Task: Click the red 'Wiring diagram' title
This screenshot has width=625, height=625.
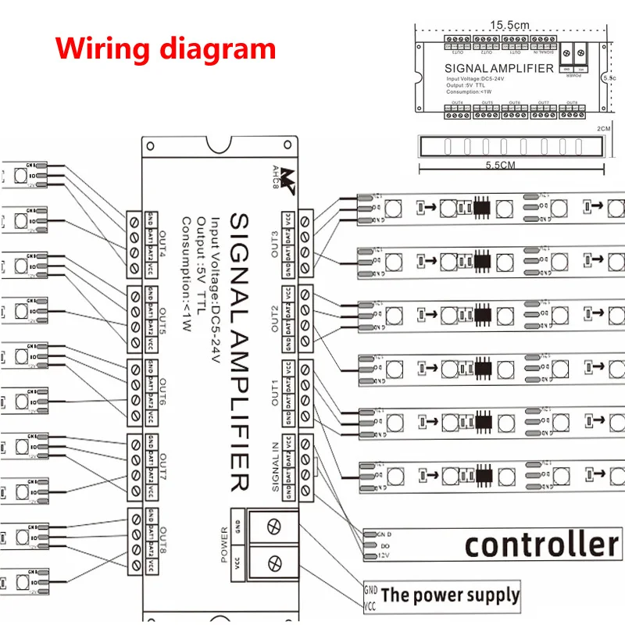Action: click(166, 49)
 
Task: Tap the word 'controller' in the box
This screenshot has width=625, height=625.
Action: click(542, 544)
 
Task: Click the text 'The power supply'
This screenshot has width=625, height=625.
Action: click(450, 595)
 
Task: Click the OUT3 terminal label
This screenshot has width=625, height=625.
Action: click(274, 241)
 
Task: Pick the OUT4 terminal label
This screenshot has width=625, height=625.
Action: click(162, 243)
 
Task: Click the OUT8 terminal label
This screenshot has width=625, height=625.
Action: click(162, 543)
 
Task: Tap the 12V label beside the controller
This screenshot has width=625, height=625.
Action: click(384, 555)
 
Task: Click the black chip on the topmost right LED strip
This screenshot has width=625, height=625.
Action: click(482, 208)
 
